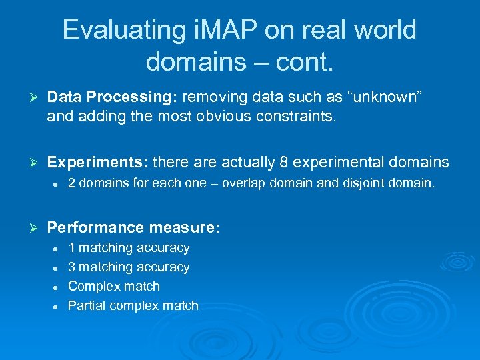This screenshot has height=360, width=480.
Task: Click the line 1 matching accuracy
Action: point(129,248)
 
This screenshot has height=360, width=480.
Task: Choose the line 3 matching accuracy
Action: point(129,267)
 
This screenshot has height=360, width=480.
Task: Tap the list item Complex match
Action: point(114,287)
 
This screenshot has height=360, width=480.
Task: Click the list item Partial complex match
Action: point(133,306)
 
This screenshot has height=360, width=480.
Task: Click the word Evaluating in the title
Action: point(123,30)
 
